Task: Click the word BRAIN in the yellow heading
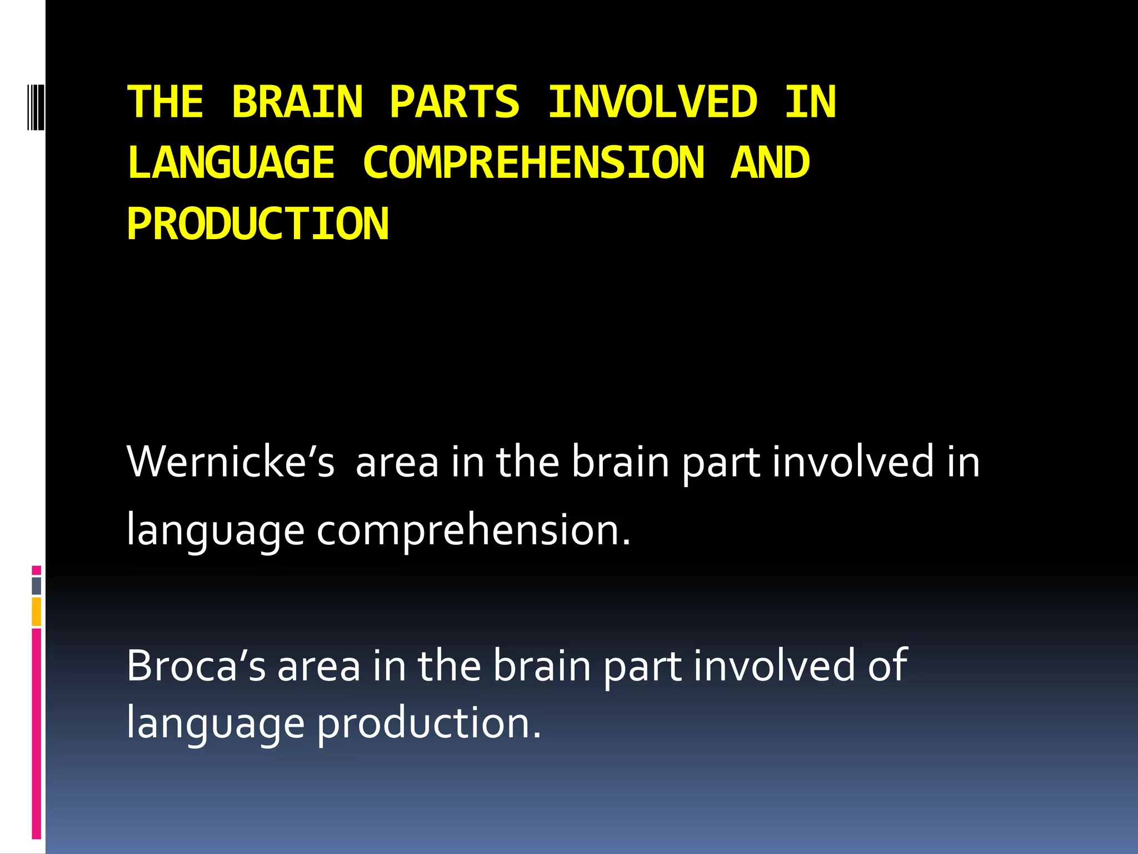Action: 297,102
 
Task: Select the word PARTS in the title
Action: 455,102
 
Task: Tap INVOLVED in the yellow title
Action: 653,102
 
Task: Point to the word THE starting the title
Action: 166,102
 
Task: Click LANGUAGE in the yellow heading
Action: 231,163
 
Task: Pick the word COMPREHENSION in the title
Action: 533,163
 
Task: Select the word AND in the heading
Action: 770,163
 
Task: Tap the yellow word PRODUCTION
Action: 258,224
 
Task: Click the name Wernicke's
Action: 231,462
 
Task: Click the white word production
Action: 428,723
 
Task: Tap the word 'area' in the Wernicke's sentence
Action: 397,463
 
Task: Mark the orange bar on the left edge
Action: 36,611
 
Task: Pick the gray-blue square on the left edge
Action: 36,585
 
